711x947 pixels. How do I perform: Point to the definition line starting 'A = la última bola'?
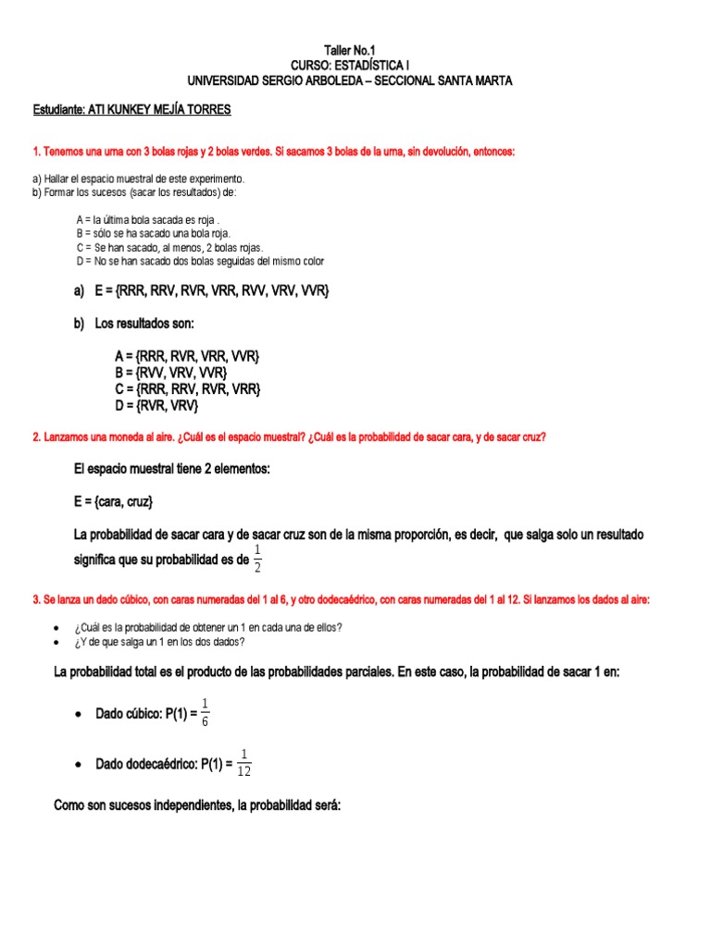click(149, 220)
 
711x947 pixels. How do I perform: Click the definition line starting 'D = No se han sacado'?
click(200, 261)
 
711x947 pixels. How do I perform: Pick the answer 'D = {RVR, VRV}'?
click(156, 405)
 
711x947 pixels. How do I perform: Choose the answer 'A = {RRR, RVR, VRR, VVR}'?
click(188, 356)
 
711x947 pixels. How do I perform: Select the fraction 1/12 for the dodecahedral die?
click(244, 763)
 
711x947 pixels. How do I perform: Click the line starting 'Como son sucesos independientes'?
click(198, 806)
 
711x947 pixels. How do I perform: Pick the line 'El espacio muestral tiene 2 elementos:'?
click(171, 470)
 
